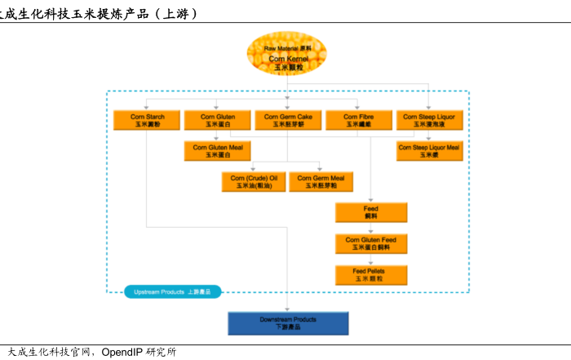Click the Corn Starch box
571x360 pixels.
click(147, 121)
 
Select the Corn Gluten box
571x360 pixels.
click(217, 121)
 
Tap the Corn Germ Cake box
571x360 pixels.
click(288, 121)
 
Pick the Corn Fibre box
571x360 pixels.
click(358, 121)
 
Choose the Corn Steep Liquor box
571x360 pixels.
click(429, 121)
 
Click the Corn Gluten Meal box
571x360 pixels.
click(217, 150)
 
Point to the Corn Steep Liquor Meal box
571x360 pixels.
click(429, 150)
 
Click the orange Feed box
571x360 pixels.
click(370, 212)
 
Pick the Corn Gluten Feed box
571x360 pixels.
click(370, 243)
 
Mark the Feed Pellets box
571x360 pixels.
click(370, 275)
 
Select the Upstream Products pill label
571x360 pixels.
click(172, 291)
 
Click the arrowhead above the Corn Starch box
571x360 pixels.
click(147, 107)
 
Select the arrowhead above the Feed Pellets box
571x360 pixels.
click(370, 261)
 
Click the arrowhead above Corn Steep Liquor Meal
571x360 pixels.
click(429, 138)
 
